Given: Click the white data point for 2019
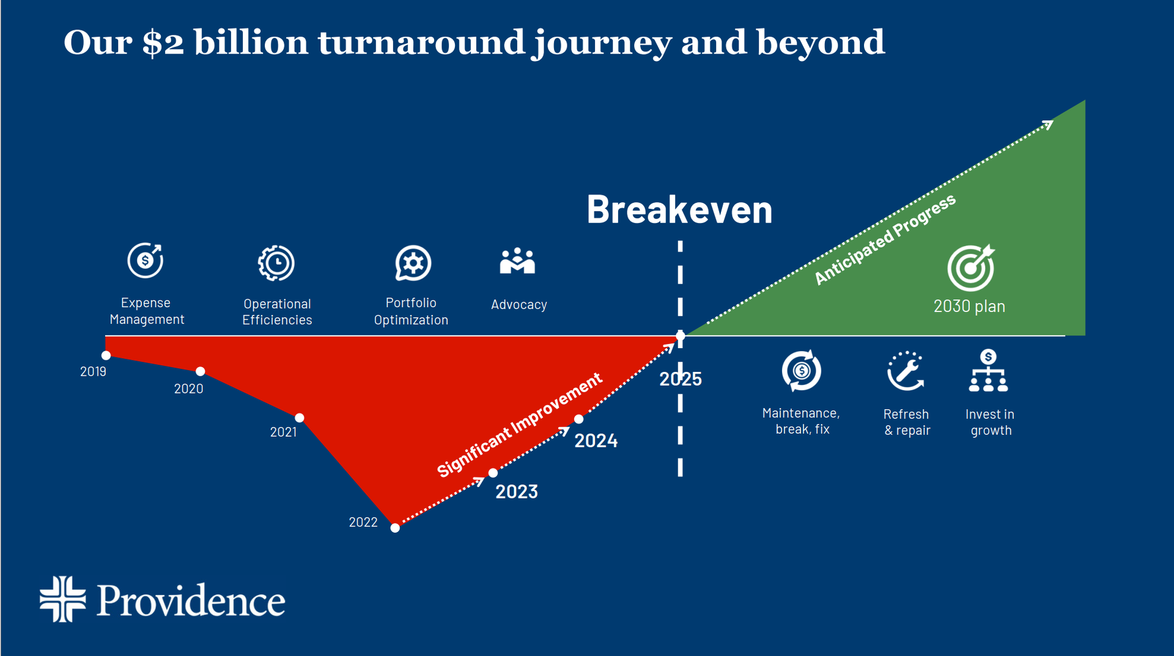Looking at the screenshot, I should [106, 355].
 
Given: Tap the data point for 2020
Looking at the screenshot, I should [200, 371].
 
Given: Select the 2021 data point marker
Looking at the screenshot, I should [300, 418].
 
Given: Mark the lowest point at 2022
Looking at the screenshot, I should [395, 528].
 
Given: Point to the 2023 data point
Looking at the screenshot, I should [493, 473].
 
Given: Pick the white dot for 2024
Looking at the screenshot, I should [578, 419].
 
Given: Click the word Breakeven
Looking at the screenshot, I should [679, 210].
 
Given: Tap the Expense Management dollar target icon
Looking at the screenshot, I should [146, 261].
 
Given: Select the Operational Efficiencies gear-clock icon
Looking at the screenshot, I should [276, 263].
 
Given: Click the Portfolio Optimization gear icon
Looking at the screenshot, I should [413, 263].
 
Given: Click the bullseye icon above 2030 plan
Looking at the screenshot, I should [970, 268].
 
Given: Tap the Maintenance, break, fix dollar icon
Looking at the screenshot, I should [801, 370].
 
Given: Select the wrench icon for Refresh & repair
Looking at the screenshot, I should [906, 371].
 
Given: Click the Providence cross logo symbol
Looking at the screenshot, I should [62, 599].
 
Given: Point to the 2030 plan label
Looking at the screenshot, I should [969, 306].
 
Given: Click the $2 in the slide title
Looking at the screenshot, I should [163, 43].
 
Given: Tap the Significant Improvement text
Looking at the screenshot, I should [520, 425].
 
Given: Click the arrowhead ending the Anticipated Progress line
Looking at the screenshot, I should [1049, 124].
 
